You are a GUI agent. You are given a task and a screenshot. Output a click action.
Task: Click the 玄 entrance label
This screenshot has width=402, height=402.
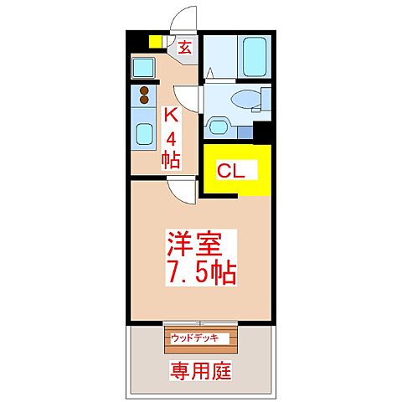[x=183, y=49]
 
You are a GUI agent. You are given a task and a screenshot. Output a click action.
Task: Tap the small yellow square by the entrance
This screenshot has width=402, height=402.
[x=155, y=41]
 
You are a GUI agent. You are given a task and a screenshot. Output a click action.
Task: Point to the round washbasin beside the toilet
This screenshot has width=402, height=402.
[x=219, y=127]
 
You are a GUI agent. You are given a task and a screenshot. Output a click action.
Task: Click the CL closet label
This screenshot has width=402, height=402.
[x=231, y=171]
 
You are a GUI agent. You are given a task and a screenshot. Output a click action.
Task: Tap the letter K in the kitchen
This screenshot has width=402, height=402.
[x=171, y=116]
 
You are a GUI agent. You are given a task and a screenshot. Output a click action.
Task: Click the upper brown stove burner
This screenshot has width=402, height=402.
[x=143, y=91]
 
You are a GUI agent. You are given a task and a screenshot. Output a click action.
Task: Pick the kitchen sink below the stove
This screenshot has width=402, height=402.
[x=142, y=130]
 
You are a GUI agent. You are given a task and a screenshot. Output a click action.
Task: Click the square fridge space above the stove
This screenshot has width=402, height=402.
[x=143, y=67]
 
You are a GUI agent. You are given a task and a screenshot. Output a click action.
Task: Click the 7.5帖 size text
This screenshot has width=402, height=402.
[x=201, y=272]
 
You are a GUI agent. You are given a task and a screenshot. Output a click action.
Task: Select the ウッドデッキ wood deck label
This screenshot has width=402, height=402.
[x=194, y=338]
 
